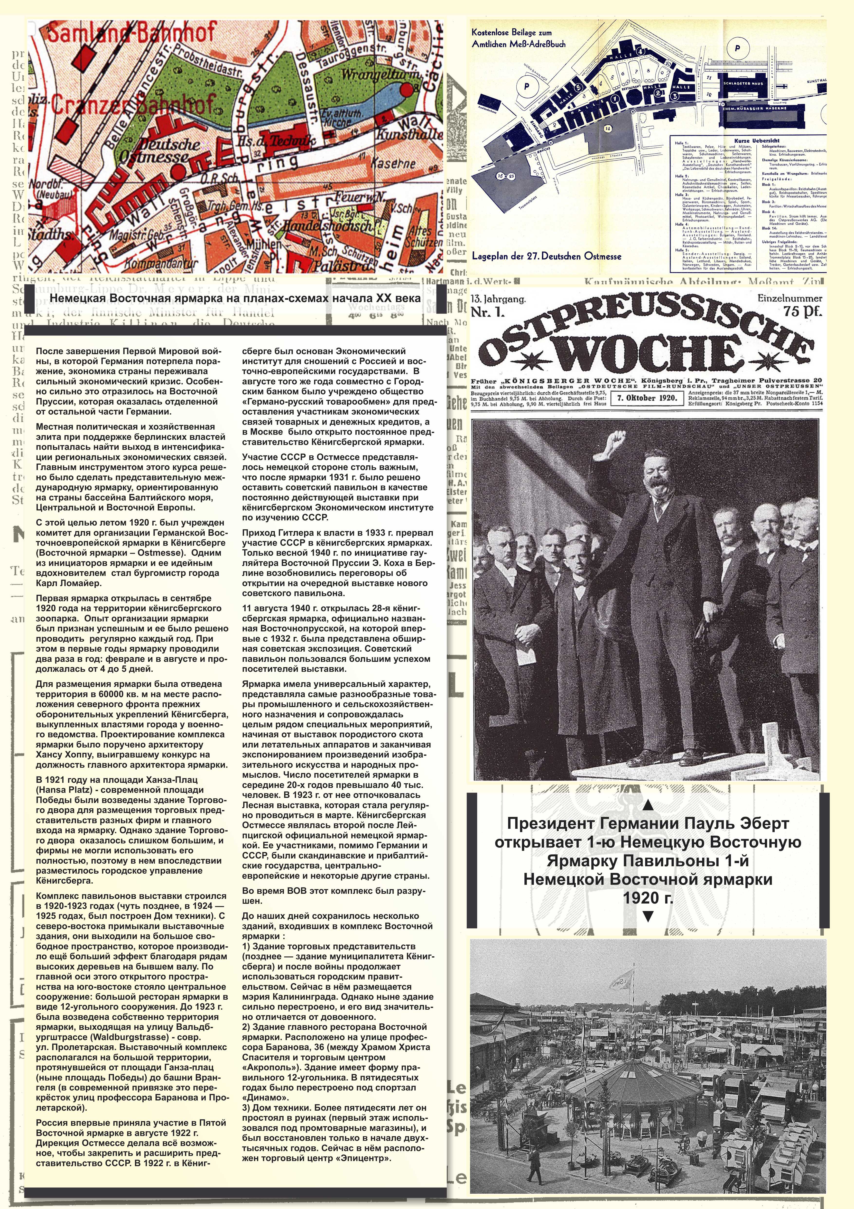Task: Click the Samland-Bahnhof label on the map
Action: (x=132, y=33)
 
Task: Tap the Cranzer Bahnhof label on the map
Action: (x=134, y=103)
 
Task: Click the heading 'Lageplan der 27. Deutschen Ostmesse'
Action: (x=547, y=257)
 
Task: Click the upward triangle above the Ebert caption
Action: (x=648, y=805)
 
